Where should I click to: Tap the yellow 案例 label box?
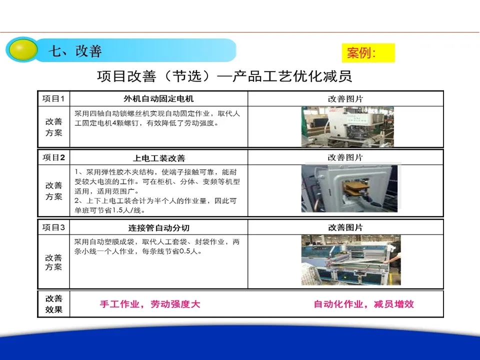368,53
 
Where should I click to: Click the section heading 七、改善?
75,51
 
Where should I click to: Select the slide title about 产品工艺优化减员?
224,76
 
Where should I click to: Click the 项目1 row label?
53,98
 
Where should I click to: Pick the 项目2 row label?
53,157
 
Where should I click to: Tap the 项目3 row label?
53,227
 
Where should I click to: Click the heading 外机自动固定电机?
158,98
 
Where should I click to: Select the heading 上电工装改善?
159,158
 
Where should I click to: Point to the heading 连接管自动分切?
158,228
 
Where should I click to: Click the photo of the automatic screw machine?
347,126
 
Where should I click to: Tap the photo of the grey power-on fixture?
349,188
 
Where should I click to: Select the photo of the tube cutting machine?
351,260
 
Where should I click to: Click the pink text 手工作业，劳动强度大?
150,304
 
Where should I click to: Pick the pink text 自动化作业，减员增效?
363,304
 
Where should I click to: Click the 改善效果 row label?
54,304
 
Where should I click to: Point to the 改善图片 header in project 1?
345,99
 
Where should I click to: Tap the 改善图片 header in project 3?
345,227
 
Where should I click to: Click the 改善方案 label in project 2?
54,191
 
